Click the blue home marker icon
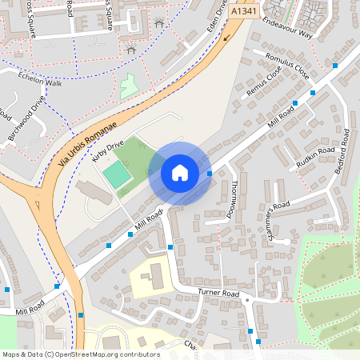coord(180,173)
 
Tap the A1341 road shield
coord(244,13)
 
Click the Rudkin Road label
coord(315,156)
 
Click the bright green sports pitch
coord(117,175)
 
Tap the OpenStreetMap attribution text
coord(80,354)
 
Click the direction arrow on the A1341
coord(228,36)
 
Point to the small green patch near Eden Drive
coord(128,86)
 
